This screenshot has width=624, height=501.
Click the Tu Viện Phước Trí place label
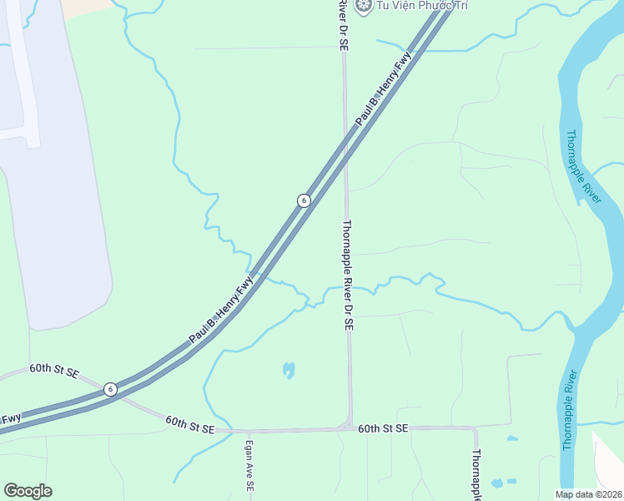(410, 6)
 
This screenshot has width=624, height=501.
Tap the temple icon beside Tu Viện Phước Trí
(363, 6)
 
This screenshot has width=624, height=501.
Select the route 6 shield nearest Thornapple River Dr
(304, 200)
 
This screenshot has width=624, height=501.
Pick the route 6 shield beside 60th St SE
(110, 389)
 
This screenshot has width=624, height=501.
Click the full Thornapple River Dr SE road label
(350, 275)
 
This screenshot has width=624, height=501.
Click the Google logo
(28, 491)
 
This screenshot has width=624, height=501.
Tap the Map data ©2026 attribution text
(587, 494)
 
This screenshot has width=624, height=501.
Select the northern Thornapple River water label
(583, 166)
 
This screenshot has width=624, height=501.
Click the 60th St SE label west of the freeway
(53, 370)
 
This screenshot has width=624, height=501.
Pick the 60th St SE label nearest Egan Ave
(189, 425)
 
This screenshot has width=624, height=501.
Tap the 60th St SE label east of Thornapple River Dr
(383, 428)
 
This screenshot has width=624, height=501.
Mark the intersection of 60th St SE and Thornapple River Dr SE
(350, 428)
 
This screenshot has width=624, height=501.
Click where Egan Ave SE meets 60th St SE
(248, 432)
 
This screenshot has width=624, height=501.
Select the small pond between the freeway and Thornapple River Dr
(289, 369)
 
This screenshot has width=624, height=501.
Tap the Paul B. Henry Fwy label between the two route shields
(220, 313)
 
